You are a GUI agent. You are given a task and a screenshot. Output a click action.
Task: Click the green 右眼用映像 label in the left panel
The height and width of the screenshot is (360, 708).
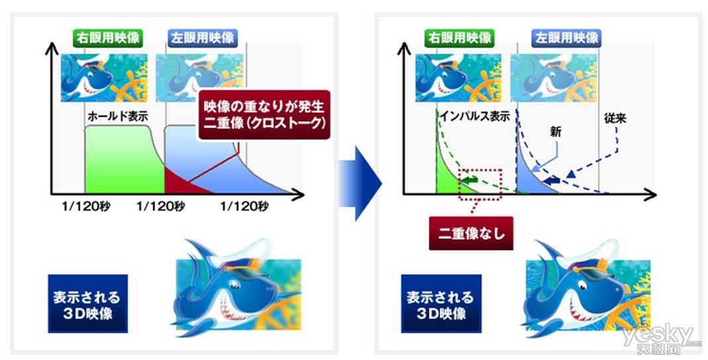tap(107, 38)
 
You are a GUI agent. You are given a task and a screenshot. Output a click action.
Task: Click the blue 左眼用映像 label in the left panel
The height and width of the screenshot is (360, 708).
tap(203, 38)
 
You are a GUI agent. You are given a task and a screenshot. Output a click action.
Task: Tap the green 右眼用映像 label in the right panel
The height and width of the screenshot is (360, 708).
tap(459, 38)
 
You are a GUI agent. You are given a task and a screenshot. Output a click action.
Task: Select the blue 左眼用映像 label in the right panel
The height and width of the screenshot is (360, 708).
tap(566, 38)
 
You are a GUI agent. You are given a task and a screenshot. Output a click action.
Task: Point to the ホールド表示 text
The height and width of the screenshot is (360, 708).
tap(117, 116)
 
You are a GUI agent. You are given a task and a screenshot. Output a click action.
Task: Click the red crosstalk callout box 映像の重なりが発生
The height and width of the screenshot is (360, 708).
tap(264, 115)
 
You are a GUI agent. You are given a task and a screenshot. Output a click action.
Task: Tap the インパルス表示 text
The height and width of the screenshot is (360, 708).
tap(475, 116)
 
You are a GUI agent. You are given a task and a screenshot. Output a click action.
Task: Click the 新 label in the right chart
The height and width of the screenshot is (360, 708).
tap(556, 131)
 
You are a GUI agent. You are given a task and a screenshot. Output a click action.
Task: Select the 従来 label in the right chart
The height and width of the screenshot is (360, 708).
tap(615, 119)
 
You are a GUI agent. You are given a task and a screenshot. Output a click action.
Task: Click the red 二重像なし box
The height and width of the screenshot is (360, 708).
tap(471, 233)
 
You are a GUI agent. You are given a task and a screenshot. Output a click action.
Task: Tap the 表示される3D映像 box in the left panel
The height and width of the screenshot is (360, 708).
tap(88, 304)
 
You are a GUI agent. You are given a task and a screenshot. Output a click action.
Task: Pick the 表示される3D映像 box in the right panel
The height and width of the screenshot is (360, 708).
tap(441, 304)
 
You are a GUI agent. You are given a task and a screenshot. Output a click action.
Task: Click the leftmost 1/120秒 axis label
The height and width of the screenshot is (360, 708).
tap(86, 206)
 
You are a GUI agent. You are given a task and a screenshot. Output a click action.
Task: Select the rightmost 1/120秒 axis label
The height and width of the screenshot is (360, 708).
tap(244, 206)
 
